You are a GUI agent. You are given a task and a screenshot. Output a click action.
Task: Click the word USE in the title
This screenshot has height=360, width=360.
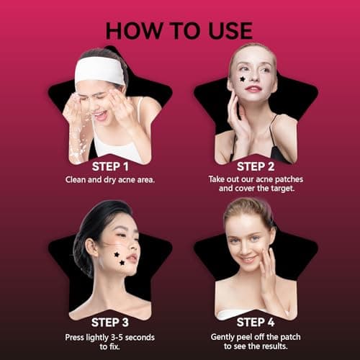coord(230,30)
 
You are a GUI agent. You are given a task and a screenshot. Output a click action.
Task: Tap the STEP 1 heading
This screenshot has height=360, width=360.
coord(110,166)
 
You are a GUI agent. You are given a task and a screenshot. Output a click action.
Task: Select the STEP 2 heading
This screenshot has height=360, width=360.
coord(256,166)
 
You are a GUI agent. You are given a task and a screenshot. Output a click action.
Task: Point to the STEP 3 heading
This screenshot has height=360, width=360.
coord(110,323)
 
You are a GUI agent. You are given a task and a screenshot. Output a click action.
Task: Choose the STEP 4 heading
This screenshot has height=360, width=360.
coord(256,322)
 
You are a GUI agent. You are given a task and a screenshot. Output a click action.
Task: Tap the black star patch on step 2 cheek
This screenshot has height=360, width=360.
coord(243,78)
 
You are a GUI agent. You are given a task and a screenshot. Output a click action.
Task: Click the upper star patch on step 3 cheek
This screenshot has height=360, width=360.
coord(117,254)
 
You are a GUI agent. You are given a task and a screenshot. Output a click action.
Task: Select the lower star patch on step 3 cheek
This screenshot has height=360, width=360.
coord(122,263)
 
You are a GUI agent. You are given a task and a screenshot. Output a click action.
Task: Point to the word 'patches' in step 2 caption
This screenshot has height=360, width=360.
coord(289,179)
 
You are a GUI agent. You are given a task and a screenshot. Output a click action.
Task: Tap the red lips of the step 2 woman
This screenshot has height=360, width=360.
coord(253,89)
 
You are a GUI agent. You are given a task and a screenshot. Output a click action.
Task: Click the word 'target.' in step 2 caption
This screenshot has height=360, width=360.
coord(283,189)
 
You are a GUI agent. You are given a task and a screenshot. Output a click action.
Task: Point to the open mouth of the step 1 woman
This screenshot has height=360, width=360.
coord(102,116)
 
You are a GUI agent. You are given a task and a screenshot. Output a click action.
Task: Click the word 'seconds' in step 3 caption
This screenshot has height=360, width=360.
coord(140,338)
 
